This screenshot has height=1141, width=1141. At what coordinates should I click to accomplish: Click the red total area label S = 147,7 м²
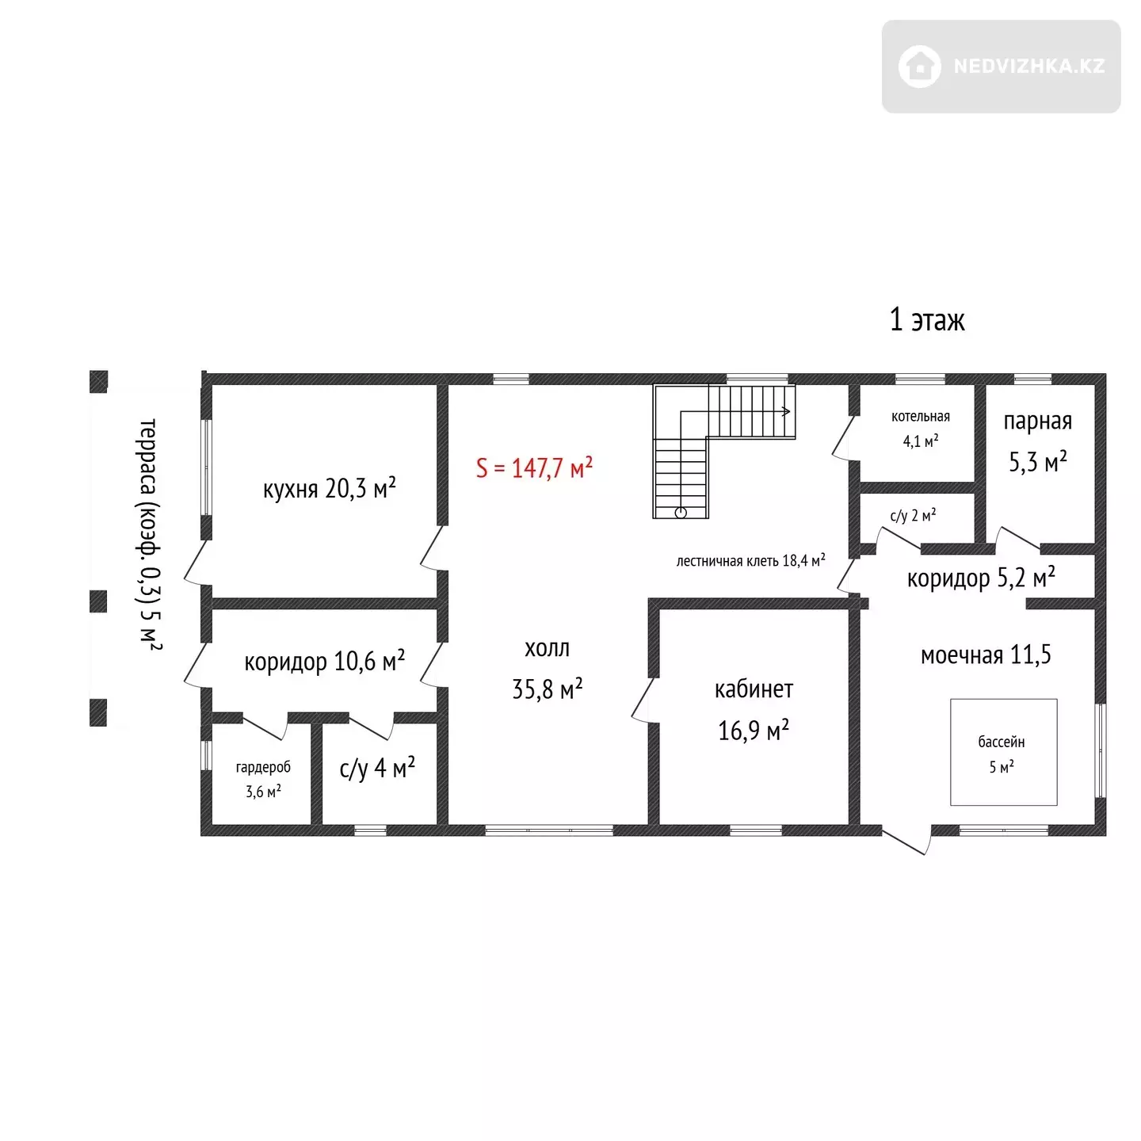click(534, 467)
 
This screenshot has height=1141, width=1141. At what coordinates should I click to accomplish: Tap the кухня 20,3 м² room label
click(329, 489)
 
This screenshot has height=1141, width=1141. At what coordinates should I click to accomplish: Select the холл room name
click(547, 648)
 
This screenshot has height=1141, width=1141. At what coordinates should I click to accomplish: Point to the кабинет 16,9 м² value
click(754, 730)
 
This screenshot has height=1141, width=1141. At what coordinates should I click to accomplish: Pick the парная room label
click(1038, 422)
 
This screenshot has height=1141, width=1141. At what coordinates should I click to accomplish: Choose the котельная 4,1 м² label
click(921, 428)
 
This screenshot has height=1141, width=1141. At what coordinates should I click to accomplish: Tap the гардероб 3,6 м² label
click(264, 779)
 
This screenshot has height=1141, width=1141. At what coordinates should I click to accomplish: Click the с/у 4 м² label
click(377, 768)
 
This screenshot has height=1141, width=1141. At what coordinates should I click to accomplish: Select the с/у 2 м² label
click(913, 515)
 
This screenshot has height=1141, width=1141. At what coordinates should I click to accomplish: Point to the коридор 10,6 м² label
click(325, 661)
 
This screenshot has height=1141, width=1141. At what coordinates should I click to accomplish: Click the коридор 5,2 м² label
click(981, 578)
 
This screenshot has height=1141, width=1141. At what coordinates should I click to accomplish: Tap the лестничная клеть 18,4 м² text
click(751, 560)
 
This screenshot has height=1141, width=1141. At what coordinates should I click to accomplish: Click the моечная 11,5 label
click(986, 654)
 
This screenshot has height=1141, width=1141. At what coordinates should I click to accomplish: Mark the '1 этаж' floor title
click(927, 320)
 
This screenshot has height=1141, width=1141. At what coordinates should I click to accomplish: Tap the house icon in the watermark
click(920, 67)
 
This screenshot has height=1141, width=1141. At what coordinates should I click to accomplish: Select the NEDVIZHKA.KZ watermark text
click(1029, 67)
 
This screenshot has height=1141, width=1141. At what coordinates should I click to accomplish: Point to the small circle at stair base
click(681, 513)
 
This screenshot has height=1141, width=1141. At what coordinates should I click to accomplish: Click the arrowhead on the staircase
click(787, 411)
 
